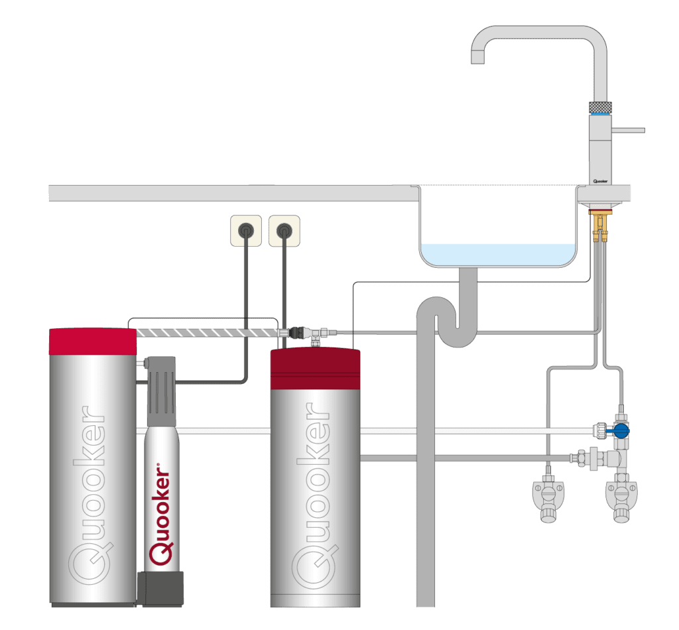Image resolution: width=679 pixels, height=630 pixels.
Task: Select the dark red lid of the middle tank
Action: (315, 368)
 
